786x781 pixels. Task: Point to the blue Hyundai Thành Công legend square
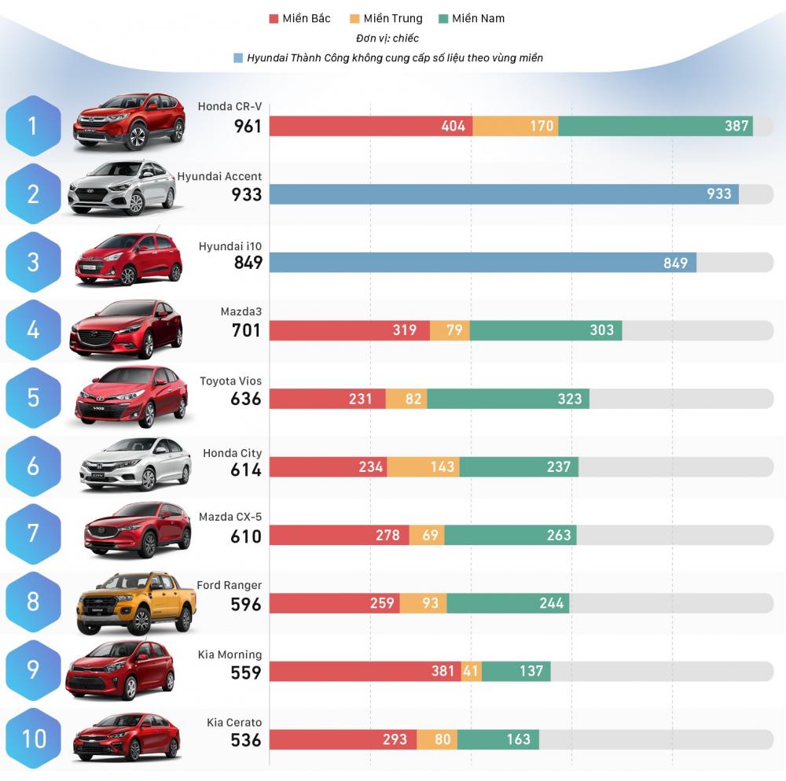(237, 57)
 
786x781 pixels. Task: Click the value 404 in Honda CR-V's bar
(453, 126)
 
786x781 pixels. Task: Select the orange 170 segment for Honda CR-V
(516, 126)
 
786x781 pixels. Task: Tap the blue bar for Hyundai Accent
(503, 194)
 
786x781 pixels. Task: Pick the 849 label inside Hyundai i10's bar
(675, 263)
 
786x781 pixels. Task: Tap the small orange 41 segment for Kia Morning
(471, 671)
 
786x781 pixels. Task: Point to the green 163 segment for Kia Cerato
(498, 739)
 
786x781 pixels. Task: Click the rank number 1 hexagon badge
(33, 126)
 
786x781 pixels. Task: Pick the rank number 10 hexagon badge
(33, 739)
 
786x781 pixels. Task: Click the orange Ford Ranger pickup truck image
(135, 604)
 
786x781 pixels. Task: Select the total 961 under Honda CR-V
(248, 126)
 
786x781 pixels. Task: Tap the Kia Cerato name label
(234, 723)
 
